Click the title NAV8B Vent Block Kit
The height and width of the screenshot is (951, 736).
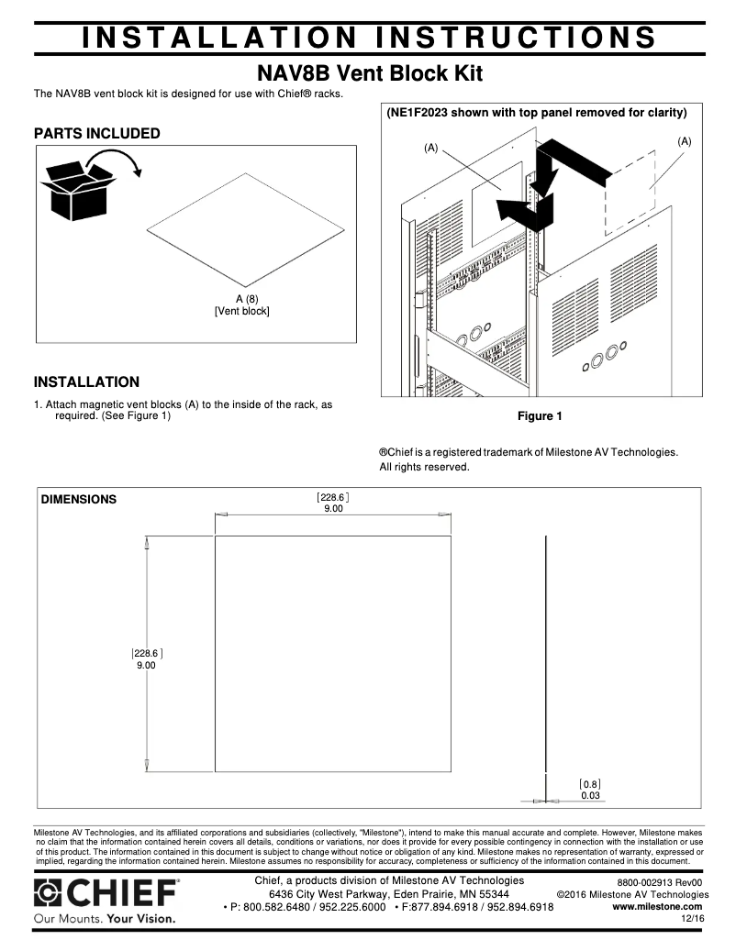[x=367, y=72]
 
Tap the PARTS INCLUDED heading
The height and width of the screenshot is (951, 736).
[x=96, y=134]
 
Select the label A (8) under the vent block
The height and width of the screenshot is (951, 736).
[x=241, y=299]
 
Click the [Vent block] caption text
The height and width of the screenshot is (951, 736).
[x=241, y=311]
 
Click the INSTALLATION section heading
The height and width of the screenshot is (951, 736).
[x=86, y=382]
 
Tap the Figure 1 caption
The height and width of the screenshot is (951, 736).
[x=540, y=416]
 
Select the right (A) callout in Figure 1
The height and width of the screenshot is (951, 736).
[x=684, y=141]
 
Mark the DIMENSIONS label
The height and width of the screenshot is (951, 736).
[x=79, y=500]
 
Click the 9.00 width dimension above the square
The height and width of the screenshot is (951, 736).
[x=333, y=509]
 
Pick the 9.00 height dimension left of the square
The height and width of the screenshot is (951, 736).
[x=146, y=666]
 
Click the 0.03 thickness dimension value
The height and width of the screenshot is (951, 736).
[x=589, y=796]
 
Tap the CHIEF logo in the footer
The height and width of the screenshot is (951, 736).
[x=106, y=892]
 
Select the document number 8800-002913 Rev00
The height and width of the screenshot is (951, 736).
[x=659, y=881]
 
